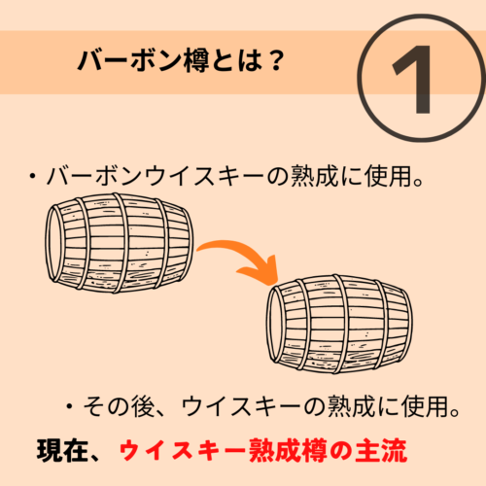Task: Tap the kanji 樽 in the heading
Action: click(196, 60)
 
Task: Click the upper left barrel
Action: click(120, 243)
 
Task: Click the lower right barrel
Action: click(339, 324)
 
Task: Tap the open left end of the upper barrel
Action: click(53, 243)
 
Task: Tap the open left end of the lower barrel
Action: click(274, 324)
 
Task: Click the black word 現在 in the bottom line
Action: click(62, 451)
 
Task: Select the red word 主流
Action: click(381, 451)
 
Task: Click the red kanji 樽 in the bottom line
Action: click(314, 451)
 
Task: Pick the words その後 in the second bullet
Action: click(119, 406)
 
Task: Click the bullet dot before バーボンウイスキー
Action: click(32, 177)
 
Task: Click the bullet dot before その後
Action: click(69, 406)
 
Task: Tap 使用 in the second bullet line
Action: click(425, 406)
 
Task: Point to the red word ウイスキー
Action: click(183, 451)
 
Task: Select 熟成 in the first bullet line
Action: click(314, 177)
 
